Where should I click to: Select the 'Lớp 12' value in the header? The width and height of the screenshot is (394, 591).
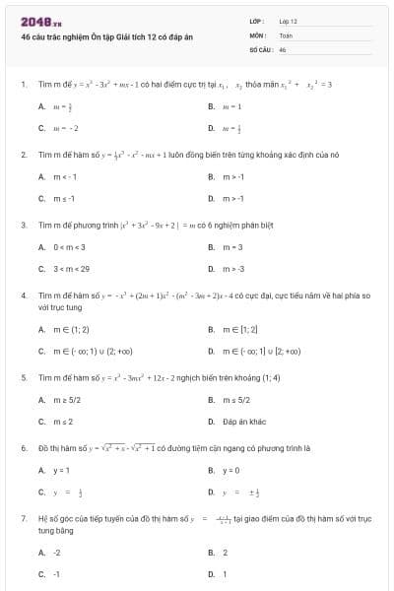pyautogui.click(x=289, y=21)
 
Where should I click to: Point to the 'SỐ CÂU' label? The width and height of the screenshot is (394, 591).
pyautogui.click(x=259, y=48)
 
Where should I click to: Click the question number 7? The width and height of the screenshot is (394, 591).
pyautogui.click(x=23, y=517)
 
